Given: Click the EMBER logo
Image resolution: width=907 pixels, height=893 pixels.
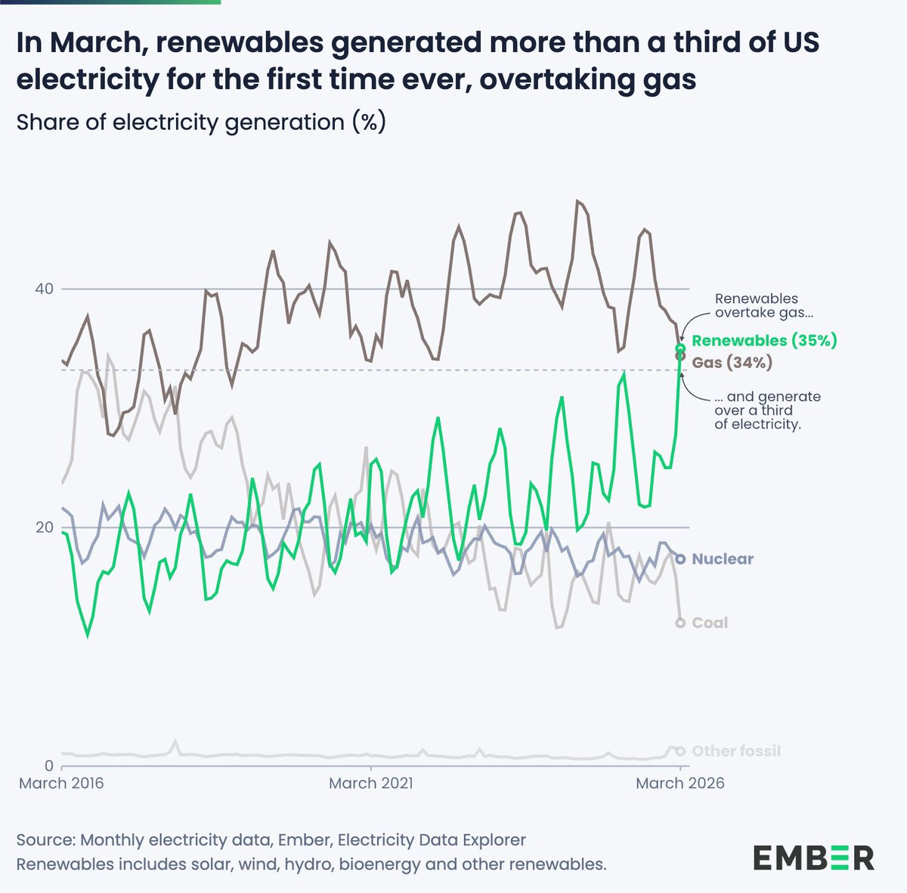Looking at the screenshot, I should pyautogui.click(x=813, y=857).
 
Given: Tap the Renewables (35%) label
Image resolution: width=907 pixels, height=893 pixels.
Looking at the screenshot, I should pyautogui.click(x=764, y=341).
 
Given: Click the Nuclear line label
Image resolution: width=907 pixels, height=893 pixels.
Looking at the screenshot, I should pyautogui.click(x=723, y=559).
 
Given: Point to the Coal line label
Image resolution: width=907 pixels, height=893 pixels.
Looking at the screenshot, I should pyautogui.click(x=710, y=623).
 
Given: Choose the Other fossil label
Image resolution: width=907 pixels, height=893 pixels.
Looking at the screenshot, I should pyautogui.click(x=736, y=751).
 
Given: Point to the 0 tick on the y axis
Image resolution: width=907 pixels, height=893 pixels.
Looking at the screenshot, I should pyautogui.click(x=48, y=766).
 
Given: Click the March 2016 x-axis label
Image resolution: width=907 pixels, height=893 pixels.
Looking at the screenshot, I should pyautogui.click(x=61, y=783).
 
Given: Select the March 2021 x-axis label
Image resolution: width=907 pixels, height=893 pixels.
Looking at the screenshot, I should pyautogui.click(x=371, y=783).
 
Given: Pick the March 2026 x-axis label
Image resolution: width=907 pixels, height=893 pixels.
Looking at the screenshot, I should pyautogui.click(x=679, y=783).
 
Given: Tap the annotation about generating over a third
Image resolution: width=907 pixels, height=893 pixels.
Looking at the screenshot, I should pyautogui.click(x=766, y=410).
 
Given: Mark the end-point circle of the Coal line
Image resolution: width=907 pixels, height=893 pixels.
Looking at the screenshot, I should pyautogui.click(x=680, y=623).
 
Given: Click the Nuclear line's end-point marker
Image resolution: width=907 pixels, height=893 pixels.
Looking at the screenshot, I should pyautogui.click(x=680, y=559).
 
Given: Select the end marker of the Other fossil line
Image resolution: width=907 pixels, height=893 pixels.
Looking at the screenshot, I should pyautogui.click(x=680, y=751).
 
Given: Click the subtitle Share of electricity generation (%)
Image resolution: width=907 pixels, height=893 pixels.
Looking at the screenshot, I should pyautogui.click(x=201, y=122).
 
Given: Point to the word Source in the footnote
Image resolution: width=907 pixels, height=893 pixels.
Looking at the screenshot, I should pyautogui.click(x=45, y=840).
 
